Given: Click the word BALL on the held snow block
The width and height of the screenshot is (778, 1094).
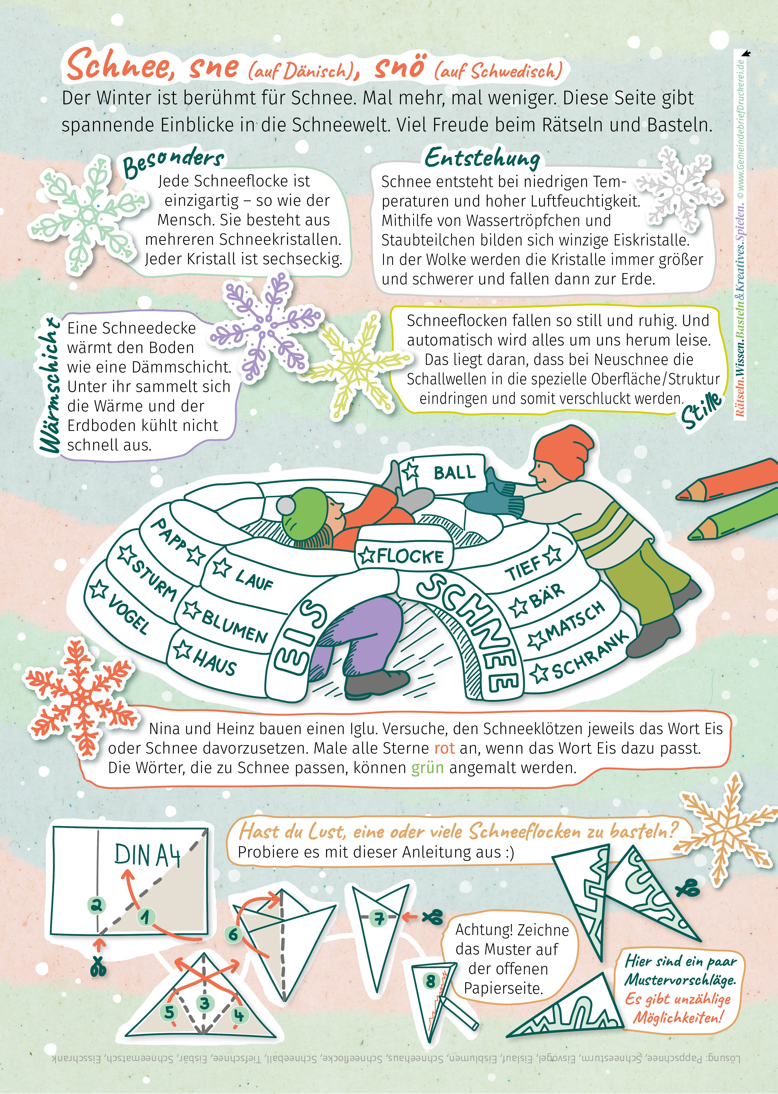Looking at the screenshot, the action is click(455, 473).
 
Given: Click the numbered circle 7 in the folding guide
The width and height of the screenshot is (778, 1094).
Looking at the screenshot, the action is click(379, 918).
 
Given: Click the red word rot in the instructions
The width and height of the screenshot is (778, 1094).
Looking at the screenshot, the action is click(444, 748).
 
